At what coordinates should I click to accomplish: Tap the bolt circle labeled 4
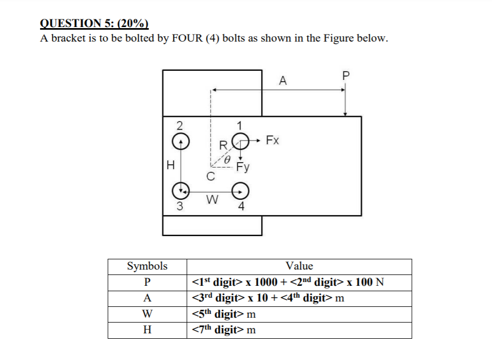[240, 190]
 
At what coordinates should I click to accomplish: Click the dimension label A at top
[282, 82]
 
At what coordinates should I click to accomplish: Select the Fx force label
[272, 141]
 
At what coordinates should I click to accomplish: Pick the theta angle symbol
[228, 160]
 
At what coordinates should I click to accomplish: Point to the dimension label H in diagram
[170, 165]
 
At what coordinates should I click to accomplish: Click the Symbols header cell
[147, 266]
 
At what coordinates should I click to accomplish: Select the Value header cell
[299, 266]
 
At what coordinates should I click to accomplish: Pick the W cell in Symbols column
[147, 313]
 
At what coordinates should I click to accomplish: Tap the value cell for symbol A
[269, 298]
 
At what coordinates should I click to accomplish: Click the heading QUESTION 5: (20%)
[94, 23]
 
